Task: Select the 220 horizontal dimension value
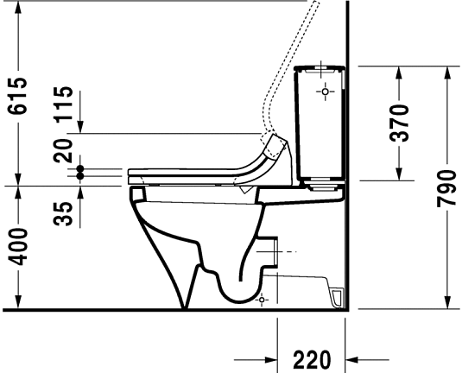tap(311, 358)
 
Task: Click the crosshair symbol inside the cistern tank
tap(326, 90)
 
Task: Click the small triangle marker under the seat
tap(248, 187)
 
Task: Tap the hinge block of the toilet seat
tap(275, 145)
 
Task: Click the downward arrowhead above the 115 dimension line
tap(81, 127)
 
